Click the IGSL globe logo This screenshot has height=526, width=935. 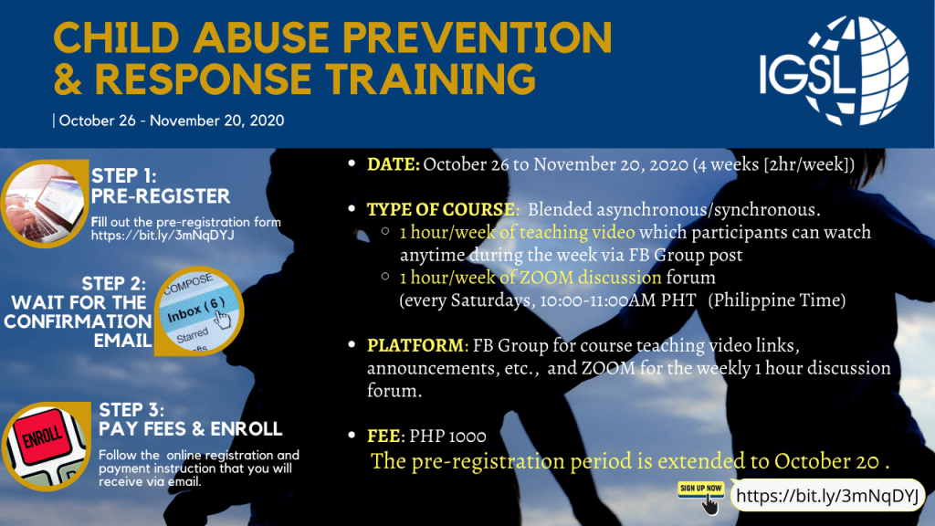834,70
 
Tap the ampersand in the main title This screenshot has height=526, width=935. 68,79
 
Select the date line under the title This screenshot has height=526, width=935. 169,121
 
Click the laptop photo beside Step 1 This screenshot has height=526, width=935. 46,204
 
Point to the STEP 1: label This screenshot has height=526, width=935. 124,176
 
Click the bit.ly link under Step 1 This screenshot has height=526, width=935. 163,236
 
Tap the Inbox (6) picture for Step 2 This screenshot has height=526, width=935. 198,310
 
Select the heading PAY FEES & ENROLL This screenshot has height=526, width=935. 190,429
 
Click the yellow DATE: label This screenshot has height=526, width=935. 393,164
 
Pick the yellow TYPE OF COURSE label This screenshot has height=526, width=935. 441,209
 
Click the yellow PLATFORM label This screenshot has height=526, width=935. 415,345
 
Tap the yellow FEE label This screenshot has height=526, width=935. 383,436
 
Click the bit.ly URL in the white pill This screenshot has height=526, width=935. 827,496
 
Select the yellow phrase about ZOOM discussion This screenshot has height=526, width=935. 531,278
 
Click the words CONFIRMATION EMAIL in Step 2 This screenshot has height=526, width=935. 79,331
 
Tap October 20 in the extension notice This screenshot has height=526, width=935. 826,461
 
